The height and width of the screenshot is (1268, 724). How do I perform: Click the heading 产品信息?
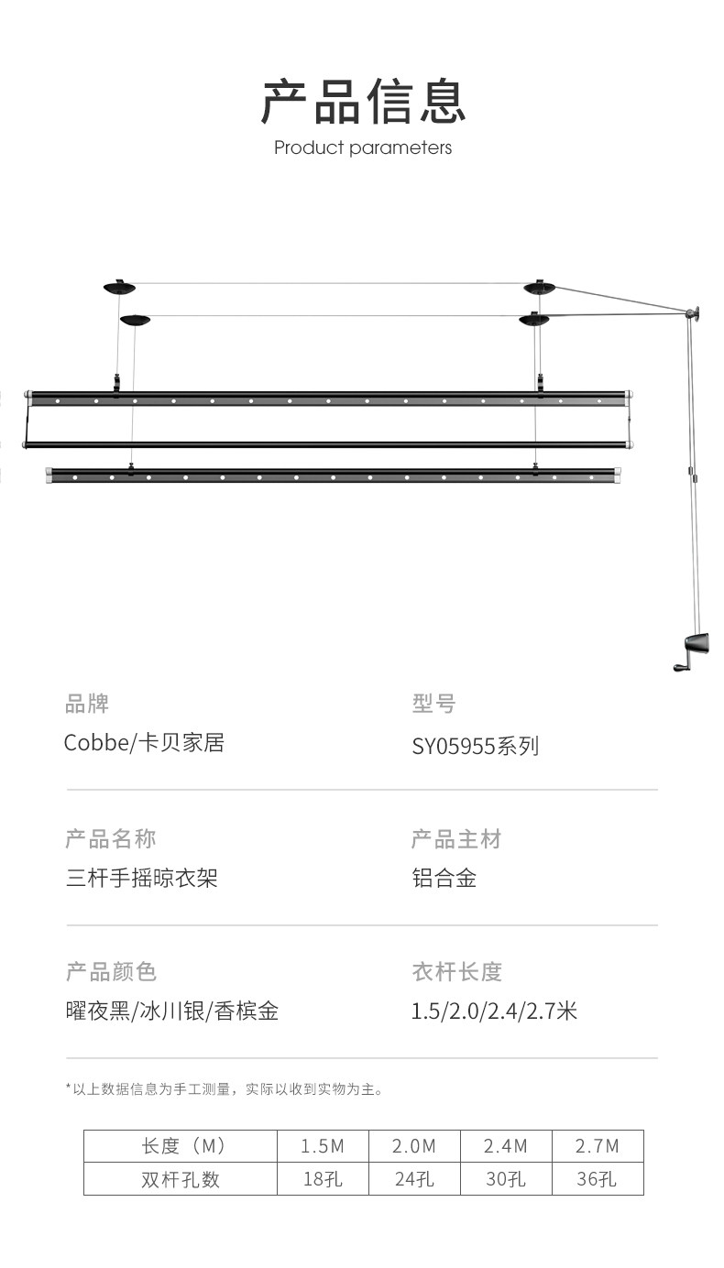(363, 101)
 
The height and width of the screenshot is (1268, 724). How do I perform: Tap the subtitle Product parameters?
(363, 148)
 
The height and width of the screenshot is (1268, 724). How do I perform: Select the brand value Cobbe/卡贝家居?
(144, 743)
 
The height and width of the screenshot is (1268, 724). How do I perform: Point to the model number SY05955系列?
(475, 746)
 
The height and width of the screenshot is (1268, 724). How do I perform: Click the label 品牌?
(87, 704)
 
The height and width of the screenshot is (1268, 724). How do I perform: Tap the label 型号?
(433, 704)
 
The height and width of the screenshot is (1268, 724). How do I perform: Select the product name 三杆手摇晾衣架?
(141, 879)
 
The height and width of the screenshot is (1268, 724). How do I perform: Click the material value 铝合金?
(444, 879)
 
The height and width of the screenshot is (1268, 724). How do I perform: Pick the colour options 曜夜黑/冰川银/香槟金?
(172, 1011)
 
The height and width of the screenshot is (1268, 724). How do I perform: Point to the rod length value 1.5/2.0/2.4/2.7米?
(494, 1011)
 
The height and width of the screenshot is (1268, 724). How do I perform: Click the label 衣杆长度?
(456, 971)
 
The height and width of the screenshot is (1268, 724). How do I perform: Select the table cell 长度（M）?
(181, 1146)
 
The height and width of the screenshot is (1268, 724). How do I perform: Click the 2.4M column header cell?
(506, 1146)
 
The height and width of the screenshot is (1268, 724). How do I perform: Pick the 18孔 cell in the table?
(323, 1179)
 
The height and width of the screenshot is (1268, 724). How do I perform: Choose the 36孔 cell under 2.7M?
(597, 1179)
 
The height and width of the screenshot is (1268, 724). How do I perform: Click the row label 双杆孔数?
(181, 1179)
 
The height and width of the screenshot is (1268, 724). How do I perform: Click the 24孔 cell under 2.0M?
(414, 1179)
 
